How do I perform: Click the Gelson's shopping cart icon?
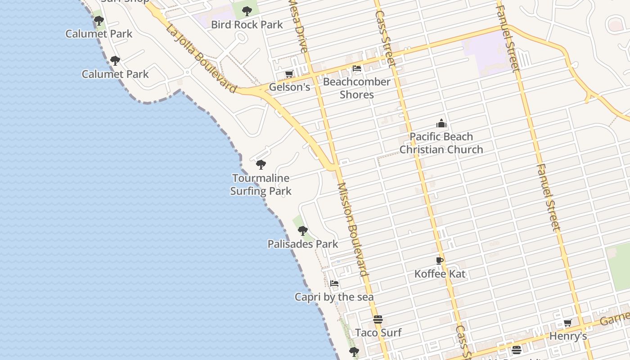click(x=289, y=74)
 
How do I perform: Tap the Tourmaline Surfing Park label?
click(x=261, y=184)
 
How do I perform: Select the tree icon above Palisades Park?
click(x=303, y=231)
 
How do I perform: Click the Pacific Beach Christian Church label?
click(x=441, y=143)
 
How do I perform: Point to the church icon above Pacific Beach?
click(x=441, y=123)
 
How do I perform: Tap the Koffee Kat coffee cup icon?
click(x=440, y=261)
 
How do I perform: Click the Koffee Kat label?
click(x=440, y=274)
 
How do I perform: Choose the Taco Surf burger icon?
click(x=378, y=319)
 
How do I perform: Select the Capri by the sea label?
click(x=334, y=297)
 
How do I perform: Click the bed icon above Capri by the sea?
click(x=334, y=283)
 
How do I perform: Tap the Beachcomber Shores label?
click(x=357, y=88)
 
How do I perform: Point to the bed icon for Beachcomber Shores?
click(x=357, y=68)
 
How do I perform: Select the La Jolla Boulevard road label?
click(x=201, y=58)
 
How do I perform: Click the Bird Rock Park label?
click(x=247, y=25)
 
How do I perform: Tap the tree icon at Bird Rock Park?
click(x=247, y=11)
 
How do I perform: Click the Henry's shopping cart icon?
click(x=568, y=323)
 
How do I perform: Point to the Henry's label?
click(x=568, y=336)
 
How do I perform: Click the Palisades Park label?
click(x=303, y=244)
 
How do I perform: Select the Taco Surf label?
click(x=378, y=333)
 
